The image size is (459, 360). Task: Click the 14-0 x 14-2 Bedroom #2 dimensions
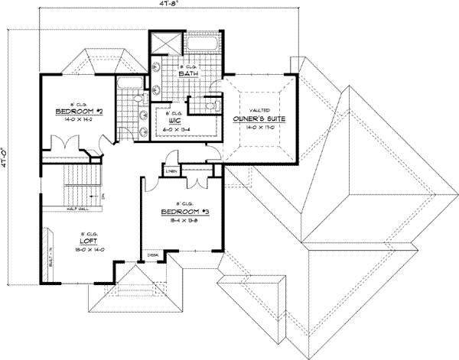73,118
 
